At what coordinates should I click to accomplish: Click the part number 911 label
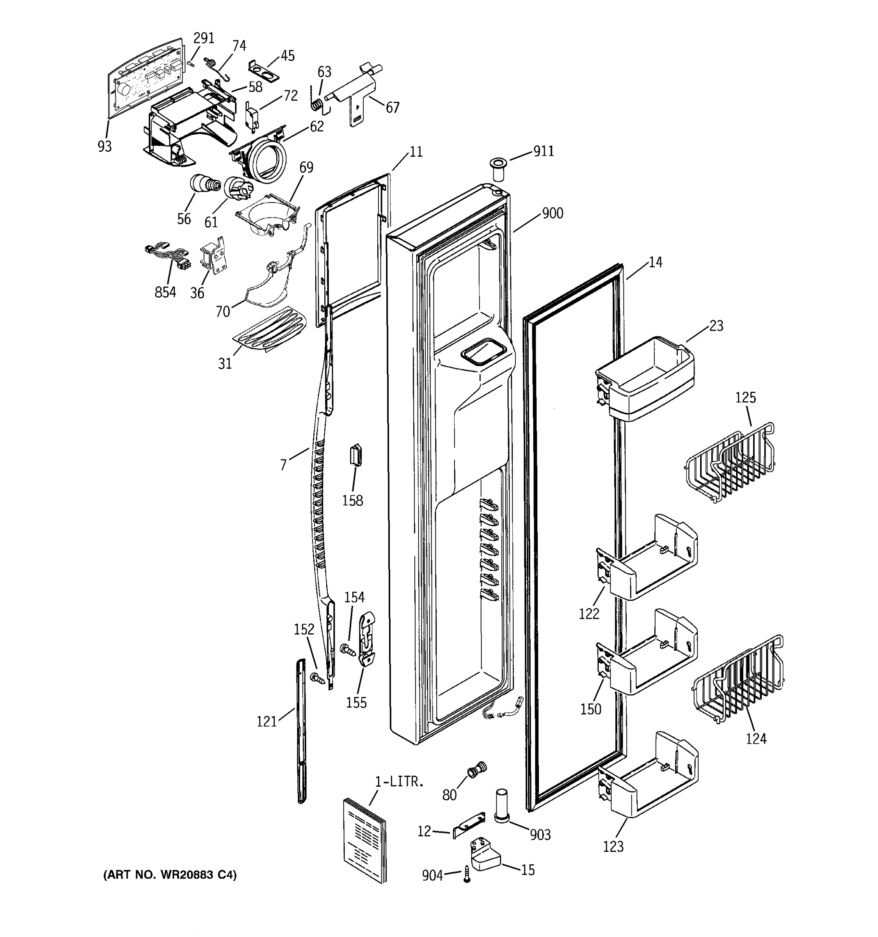coord(544,151)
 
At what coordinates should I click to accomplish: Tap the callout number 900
coord(553,214)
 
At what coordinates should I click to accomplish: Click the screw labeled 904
coord(467,875)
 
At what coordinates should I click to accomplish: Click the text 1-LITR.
coord(400,782)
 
